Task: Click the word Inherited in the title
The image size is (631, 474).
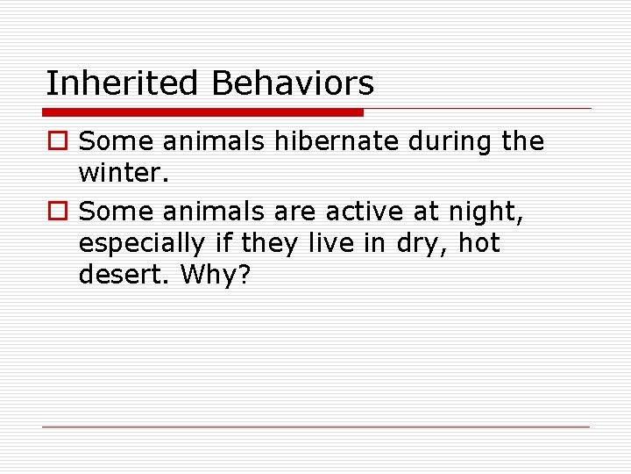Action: tap(124, 83)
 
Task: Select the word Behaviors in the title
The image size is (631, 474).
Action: tap(293, 83)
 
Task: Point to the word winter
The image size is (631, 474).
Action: tap(118, 175)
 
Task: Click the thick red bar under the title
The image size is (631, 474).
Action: tap(203, 112)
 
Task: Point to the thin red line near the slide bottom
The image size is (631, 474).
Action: tap(315, 427)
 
